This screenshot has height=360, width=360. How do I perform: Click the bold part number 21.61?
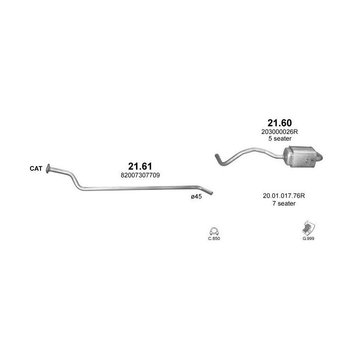pyautogui.click(x=140, y=166)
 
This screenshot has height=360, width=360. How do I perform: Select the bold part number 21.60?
pyautogui.click(x=279, y=123)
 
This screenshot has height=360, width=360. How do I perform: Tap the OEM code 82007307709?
pyautogui.click(x=140, y=175)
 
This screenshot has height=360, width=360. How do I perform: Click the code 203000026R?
pyautogui.click(x=279, y=132)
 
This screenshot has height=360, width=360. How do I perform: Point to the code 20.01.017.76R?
pyautogui.click(x=284, y=196)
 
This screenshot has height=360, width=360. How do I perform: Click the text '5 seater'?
pyautogui.click(x=280, y=138)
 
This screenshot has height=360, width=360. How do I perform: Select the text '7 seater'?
pyautogui.click(x=284, y=203)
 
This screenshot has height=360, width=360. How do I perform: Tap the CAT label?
pyautogui.click(x=36, y=168)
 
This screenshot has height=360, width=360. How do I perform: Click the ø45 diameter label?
pyautogui.click(x=196, y=196)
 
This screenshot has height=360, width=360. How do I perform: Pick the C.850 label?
pyautogui.click(x=214, y=238)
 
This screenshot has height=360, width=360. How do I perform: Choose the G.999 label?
pyautogui.click(x=308, y=238)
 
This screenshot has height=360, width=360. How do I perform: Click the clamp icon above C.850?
pyautogui.click(x=214, y=231)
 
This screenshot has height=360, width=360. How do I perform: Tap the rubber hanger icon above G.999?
pyautogui.click(x=308, y=228)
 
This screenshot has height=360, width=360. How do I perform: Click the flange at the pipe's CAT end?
pyautogui.click(x=48, y=169)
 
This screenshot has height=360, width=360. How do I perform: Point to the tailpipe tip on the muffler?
pyautogui.click(x=320, y=157)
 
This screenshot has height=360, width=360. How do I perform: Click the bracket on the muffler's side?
pyautogui.click(x=310, y=161)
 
